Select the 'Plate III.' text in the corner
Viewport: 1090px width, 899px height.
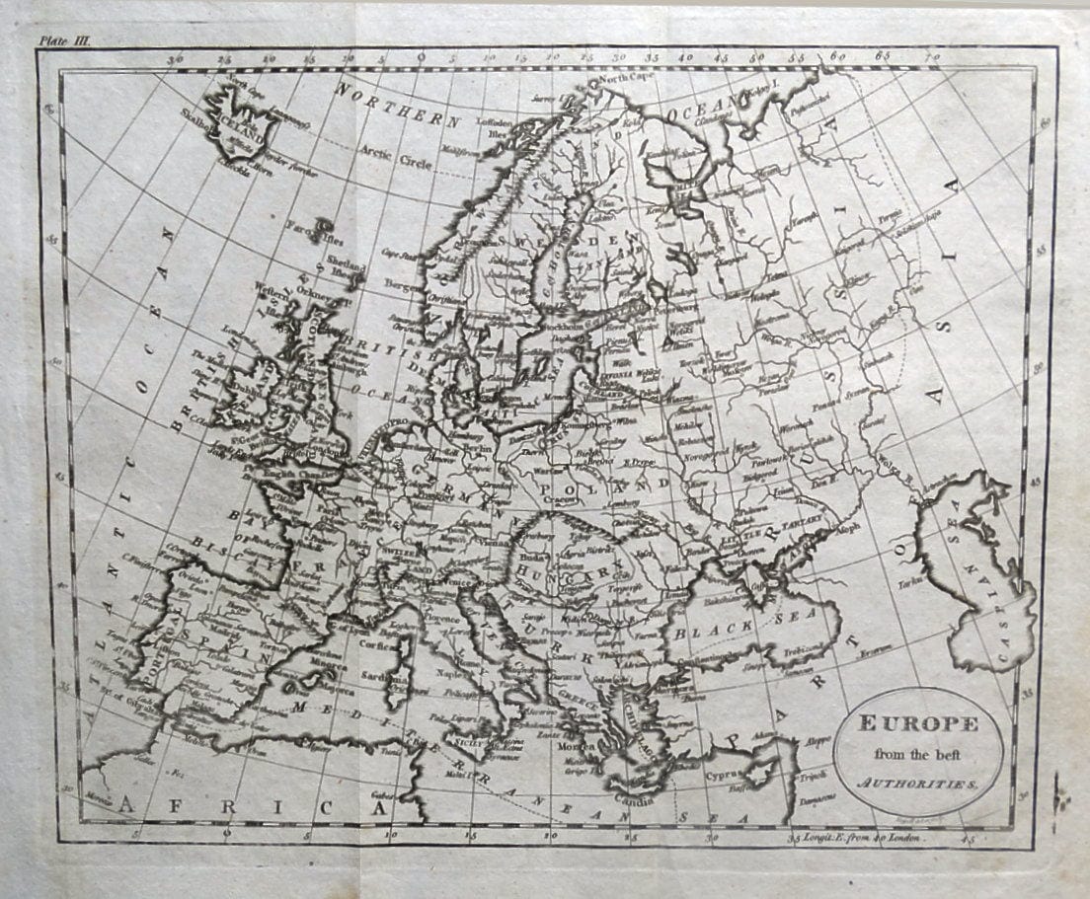tap(64, 40)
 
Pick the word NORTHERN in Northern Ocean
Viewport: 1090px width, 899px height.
tap(398, 106)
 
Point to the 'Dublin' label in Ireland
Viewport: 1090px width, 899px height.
tap(239, 402)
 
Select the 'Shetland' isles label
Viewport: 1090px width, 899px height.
tap(346, 266)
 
